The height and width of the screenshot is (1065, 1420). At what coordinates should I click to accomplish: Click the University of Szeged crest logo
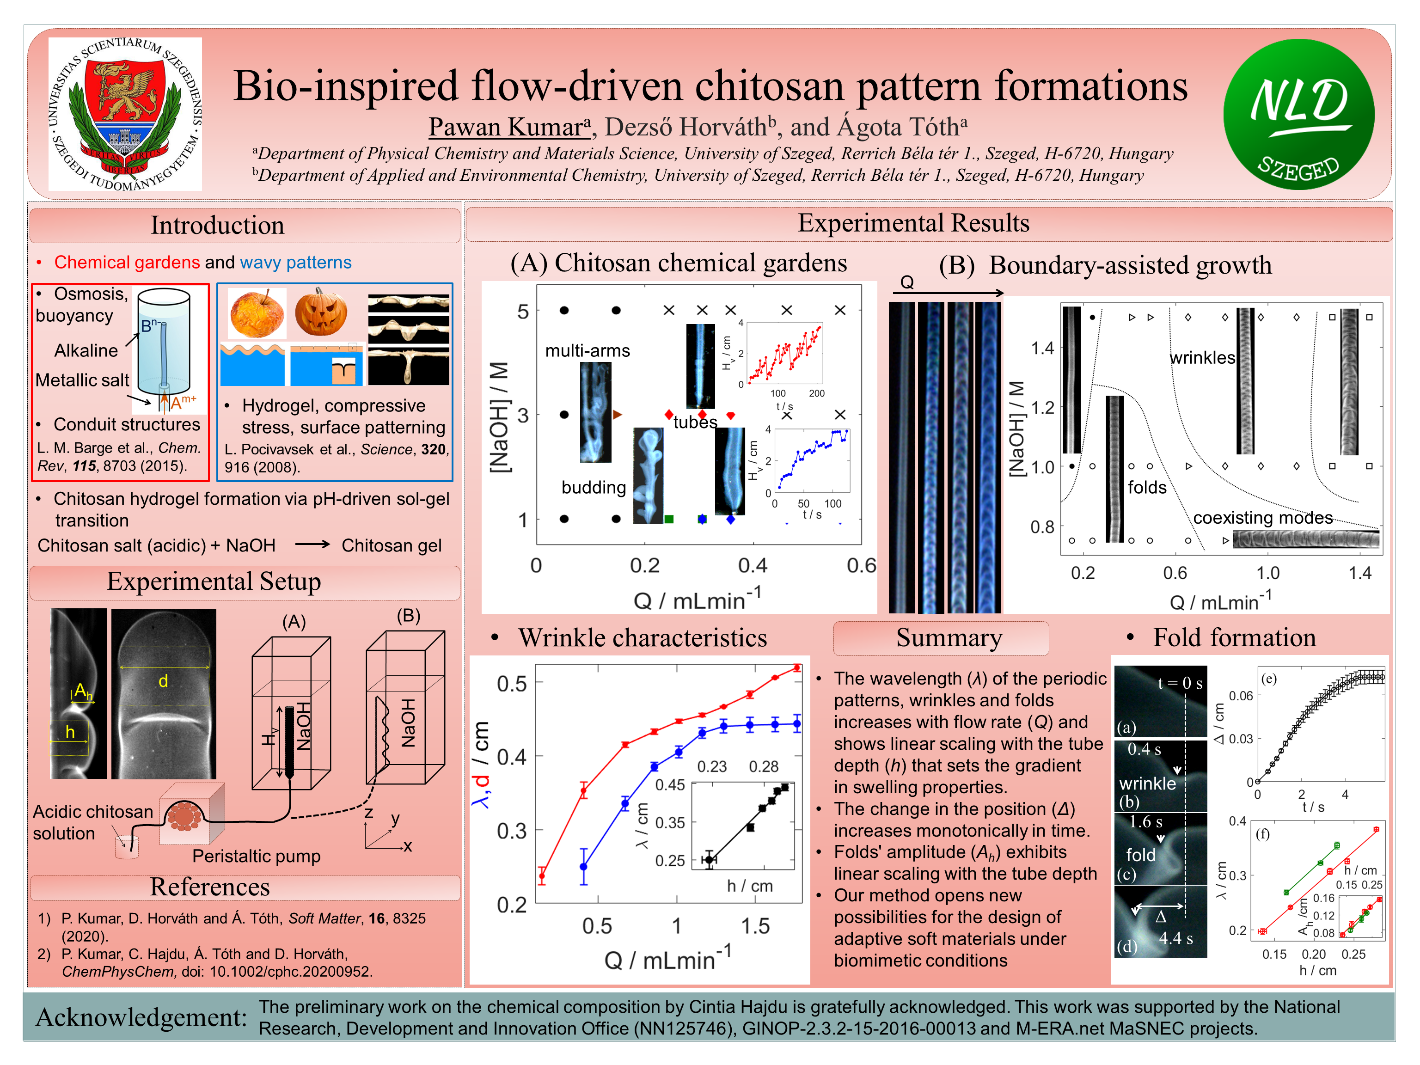[x=125, y=114]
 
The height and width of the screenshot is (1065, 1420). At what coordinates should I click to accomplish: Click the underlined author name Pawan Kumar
[x=508, y=127]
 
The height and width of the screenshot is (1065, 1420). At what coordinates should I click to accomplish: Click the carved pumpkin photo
[x=321, y=312]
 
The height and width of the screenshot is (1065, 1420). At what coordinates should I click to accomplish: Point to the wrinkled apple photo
[x=257, y=314]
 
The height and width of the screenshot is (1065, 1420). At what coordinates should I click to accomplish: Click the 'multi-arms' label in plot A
[x=588, y=350]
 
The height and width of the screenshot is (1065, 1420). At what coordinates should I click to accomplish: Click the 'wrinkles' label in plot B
[x=1202, y=358]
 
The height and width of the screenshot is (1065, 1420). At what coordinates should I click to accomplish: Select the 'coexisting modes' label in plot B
[x=1263, y=517]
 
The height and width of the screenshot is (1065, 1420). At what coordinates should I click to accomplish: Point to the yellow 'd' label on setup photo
[x=163, y=681]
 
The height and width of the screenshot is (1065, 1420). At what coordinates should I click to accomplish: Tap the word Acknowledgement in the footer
[x=141, y=1017]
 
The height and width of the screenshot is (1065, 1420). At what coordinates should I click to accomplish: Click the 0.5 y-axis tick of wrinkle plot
[x=512, y=684]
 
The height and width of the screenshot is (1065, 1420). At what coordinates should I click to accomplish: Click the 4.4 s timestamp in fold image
[x=1175, y=938]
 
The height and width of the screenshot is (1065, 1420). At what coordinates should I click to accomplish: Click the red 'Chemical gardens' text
[x=127, y=262]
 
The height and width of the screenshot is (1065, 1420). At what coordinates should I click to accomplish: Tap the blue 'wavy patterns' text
[x=296, y=262]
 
